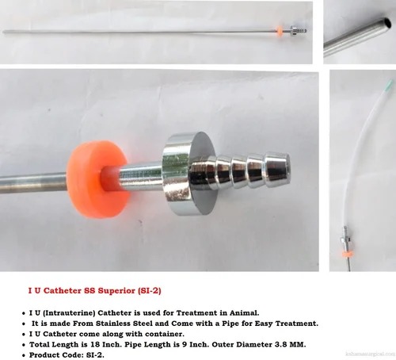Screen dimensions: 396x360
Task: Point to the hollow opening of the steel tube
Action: [387, 22]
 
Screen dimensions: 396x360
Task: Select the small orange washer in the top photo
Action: [280, 31]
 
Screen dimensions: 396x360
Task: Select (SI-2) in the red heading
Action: [149, 291]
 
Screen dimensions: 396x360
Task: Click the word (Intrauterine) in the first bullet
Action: [69, 313]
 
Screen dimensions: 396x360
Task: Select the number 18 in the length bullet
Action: [94, 344]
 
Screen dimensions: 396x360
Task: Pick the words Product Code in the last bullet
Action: [56, 355]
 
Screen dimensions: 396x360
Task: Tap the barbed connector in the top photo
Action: [299, 31]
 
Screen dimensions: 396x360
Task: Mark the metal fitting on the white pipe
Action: [345, 238]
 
